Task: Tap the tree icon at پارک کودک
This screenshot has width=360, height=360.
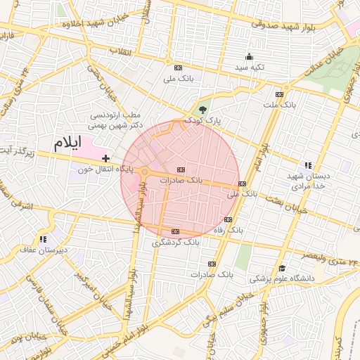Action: (x=203, y=109)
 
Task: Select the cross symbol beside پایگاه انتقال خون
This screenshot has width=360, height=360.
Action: (x=105, y=158)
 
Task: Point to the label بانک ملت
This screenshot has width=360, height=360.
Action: (x=278, y=105)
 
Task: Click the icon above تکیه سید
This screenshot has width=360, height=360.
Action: (x=248, y=56)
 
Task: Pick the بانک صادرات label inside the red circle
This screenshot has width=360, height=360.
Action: (x=181, y=180)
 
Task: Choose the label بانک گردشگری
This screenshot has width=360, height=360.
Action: (x=176, y=242)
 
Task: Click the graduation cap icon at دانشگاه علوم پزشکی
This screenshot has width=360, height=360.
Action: (x=282, y=268)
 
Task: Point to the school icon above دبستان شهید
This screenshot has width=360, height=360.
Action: (x=307, y=165)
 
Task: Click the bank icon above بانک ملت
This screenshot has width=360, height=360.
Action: (x=279, y=94)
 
